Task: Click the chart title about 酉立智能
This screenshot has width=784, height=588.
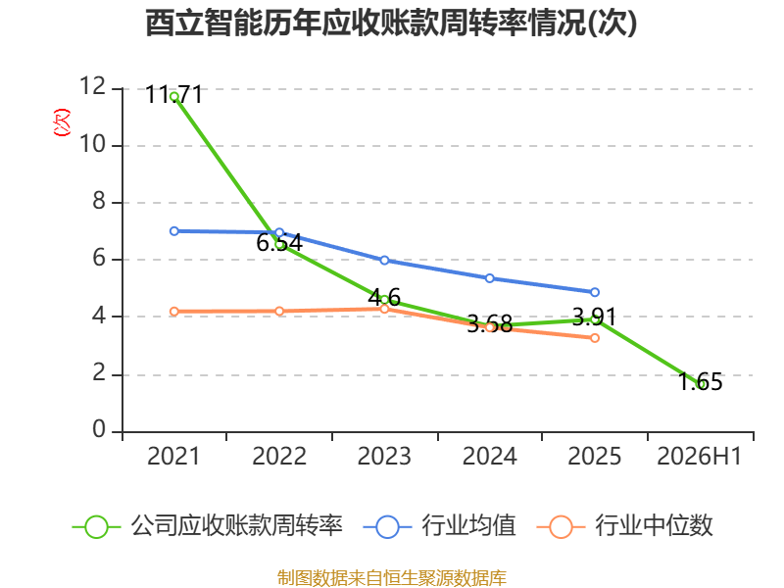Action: pos(391,23)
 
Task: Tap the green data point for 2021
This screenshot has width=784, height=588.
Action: pos(174,96)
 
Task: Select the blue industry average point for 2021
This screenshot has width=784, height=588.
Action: pos(174,231)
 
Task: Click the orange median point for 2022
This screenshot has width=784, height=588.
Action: pos(279,311)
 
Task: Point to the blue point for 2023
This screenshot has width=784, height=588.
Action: pos(384,260)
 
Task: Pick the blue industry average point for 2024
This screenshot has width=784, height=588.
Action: pos(490,278)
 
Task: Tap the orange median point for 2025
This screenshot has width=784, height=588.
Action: pos(595,338)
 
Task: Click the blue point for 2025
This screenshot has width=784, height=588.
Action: pos(595,292)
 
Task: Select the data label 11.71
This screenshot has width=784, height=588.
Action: pos(174,94)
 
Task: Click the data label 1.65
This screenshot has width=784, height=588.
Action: pos(701,381)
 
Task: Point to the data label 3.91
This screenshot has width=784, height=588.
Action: pos(594,317)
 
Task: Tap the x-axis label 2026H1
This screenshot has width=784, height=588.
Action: pos(699,456)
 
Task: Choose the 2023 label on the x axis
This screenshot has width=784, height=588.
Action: pos(384,456)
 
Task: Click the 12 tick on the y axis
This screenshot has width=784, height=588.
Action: pos(93,86)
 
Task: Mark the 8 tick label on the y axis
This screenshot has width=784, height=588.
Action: pos(100,201)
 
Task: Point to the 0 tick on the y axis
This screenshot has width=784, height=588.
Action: pos(100,429)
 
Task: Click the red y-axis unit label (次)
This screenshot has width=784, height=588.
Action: pos(62,122)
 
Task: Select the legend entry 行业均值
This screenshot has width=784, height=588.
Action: pos(439,526)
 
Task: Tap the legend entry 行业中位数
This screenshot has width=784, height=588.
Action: pos(625,526)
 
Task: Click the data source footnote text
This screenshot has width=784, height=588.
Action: pos(391,577)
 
